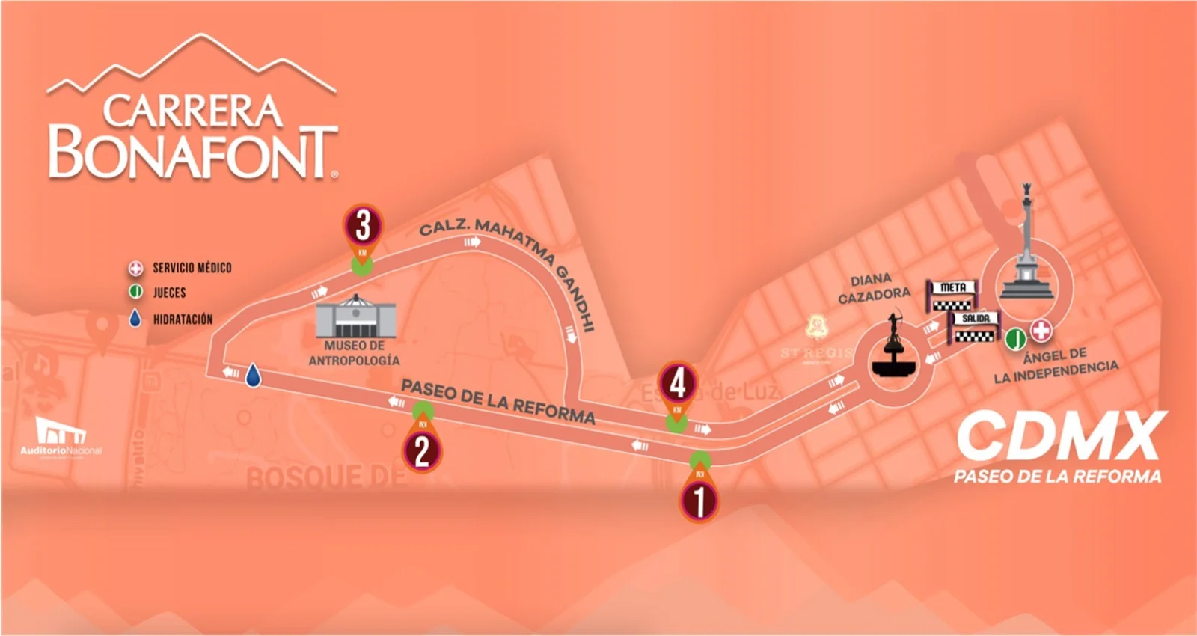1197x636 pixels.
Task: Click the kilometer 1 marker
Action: [699, 500]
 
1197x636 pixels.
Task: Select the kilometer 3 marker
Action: [363, 225]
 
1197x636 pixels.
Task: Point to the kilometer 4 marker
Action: [678, 383]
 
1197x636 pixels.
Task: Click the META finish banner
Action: [952, 296]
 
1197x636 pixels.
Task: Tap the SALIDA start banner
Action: [976, 327]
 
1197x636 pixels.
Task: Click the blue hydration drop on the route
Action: [254, 375]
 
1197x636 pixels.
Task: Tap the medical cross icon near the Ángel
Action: [1041, 330]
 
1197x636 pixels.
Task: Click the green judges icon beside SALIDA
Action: [1015, 339]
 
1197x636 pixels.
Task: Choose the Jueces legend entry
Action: [169, 293]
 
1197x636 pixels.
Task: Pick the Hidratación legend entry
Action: [183, 319]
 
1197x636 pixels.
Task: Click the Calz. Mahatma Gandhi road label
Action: [508, 269]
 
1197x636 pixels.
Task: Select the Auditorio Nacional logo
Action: [61, 437]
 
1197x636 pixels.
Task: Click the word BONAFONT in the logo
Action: [192, 153]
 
